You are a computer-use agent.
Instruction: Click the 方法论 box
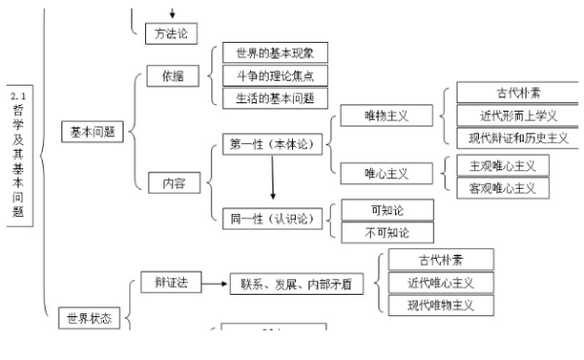171,34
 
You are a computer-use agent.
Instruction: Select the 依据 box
167,76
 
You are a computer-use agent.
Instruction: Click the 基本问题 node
93,132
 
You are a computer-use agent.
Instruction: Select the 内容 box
167,182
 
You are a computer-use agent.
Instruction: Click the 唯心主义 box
385,173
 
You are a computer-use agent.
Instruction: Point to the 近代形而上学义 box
510,116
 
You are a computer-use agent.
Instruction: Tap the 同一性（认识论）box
272,219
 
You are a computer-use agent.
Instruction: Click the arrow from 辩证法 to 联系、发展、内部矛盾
214,283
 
